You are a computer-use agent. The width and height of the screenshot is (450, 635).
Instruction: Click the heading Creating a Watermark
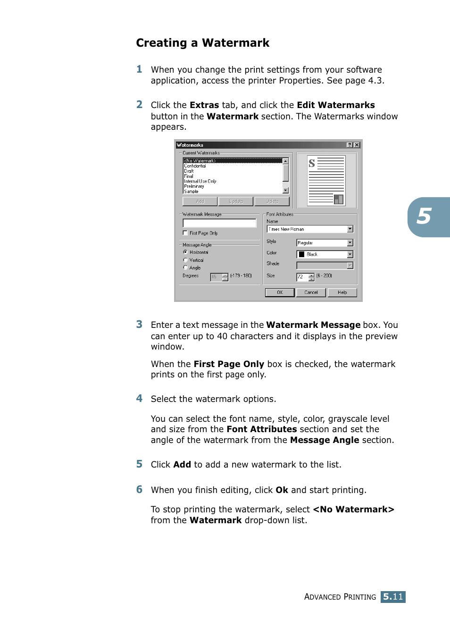[x=202, y=43]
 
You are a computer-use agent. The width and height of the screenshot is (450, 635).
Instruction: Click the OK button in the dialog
[x=280, y=292]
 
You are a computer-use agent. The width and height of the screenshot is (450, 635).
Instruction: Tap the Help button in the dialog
[x=342, y=292]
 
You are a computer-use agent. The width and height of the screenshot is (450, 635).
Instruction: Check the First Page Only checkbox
[x=185, y=233]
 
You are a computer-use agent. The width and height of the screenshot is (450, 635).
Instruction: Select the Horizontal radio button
[x=185, y=252]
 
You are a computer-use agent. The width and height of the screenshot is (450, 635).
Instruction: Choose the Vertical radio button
[x=185, y=260]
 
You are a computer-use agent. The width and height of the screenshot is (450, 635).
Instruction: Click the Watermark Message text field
[x=219, y=223]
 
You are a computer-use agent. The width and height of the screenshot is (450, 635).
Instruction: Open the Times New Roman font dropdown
[x=350, y=229]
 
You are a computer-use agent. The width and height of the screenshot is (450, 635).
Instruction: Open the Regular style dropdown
[x=350, y=243]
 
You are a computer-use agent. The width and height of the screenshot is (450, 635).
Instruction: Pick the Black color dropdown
[x=350, y=254]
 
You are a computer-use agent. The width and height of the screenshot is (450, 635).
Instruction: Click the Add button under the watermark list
[x=200, y=201]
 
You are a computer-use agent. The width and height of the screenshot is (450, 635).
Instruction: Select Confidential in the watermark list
[x=195, y=166]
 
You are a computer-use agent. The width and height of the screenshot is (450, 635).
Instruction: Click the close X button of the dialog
[x=357, y=145]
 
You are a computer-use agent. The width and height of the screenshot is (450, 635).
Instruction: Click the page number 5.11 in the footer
[x=393, y=597]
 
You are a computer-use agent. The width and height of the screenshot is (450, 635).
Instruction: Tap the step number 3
[x=139, y=325]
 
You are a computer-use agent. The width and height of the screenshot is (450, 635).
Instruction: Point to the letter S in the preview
[x=312, y=164]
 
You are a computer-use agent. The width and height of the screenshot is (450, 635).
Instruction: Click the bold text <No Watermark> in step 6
[x=353, y=510]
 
